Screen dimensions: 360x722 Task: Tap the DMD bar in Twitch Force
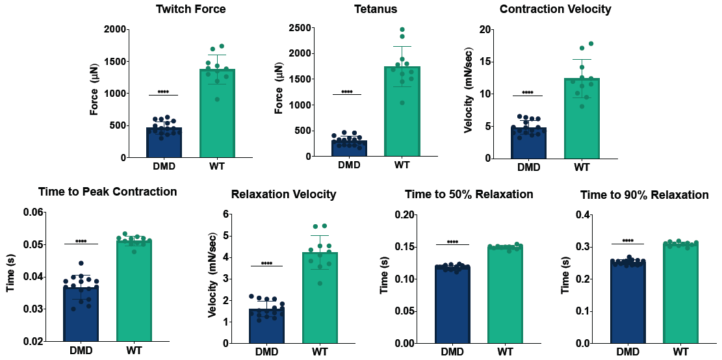coord(164,143)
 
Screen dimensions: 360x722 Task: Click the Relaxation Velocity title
coord(283,194)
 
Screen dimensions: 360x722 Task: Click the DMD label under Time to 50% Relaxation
coord(452,352)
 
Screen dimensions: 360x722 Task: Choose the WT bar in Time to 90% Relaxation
coord(680,293)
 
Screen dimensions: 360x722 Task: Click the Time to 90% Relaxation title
coord(644,194)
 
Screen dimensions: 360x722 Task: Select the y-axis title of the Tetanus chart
coord(280,93)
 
